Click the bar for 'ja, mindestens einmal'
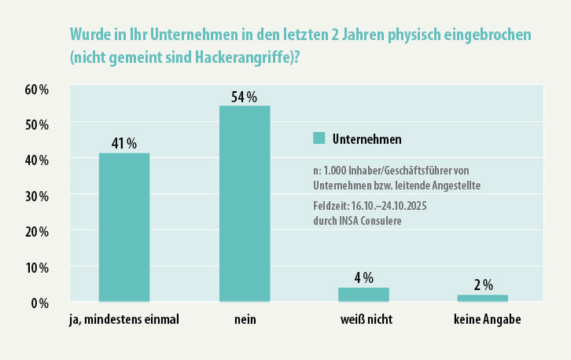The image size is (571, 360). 123,227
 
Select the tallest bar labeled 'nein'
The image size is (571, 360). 245,204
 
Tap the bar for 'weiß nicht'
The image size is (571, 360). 363,294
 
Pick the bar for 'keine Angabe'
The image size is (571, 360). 483,298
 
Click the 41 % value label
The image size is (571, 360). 123,143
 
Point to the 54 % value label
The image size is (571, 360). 245,97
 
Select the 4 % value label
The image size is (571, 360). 363,277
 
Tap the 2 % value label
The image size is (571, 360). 483,285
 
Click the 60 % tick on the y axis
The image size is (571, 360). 36,89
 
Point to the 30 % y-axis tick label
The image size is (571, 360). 36,196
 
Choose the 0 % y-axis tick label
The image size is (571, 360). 39,303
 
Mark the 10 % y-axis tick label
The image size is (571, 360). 36,267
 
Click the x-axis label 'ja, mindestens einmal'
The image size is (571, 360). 123,321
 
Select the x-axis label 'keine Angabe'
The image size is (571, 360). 487,321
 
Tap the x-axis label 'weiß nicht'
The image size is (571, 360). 365,321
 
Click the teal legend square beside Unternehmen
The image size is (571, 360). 319,138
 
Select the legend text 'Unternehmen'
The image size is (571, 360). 367,139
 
